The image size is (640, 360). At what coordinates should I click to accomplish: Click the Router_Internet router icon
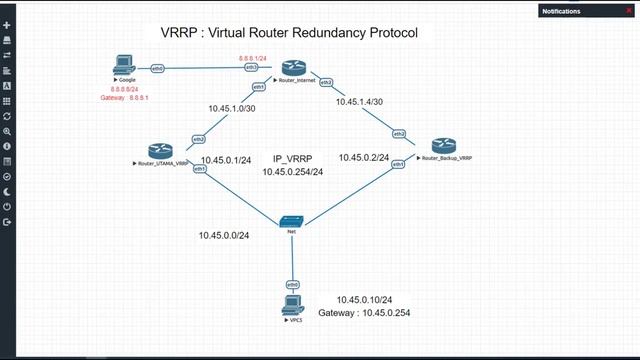click(290, 67)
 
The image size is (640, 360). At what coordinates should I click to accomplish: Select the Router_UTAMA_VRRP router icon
click(160, 150)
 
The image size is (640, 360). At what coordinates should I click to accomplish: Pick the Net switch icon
click(292, 220)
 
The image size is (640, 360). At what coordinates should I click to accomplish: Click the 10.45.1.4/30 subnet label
click(360, 102)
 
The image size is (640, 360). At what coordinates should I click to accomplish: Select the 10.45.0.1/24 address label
click(226, 160)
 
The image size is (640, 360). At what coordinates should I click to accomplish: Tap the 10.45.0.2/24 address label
click(363, 157)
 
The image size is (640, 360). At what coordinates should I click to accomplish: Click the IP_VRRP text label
click(292, 159)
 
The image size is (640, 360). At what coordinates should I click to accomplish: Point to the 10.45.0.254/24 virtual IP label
click(292, 172)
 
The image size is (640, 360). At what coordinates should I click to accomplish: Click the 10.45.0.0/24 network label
click(223, 235)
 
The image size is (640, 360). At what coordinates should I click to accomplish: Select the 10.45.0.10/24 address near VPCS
click(365, 300)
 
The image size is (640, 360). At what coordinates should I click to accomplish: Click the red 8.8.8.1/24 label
click(253, 59)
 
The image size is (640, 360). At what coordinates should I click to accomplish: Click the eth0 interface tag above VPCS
click(293, 285)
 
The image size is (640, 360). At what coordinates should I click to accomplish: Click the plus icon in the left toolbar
click(7, 25)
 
